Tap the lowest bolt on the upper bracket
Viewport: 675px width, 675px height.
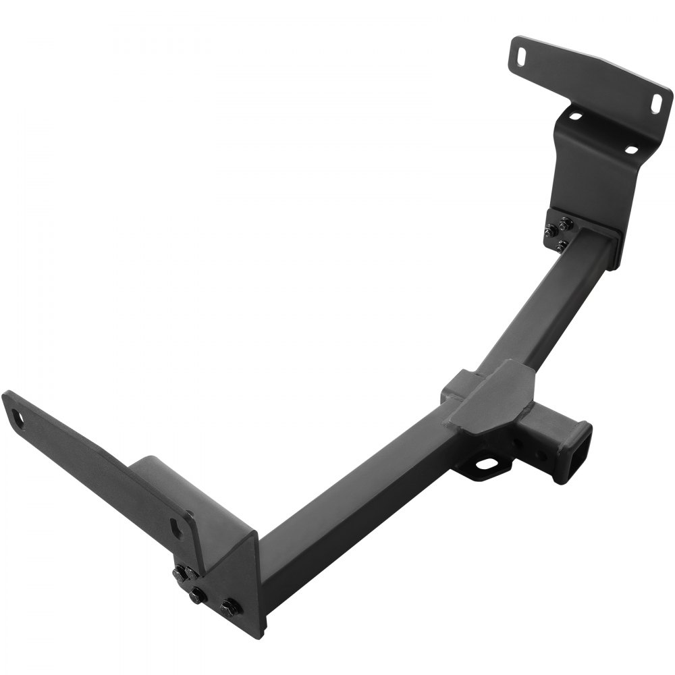(562, 245)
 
